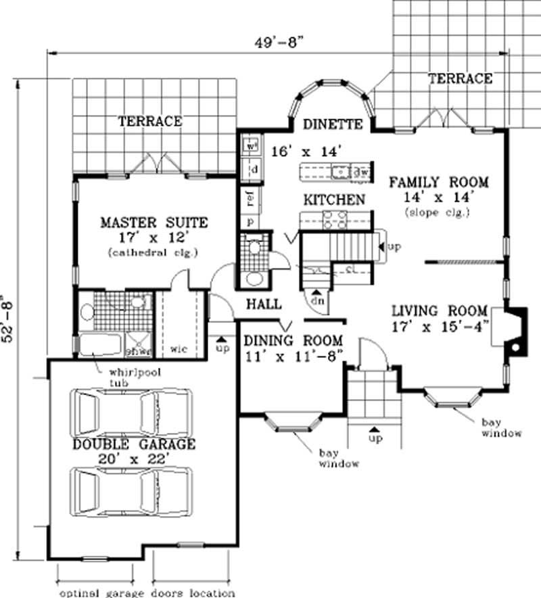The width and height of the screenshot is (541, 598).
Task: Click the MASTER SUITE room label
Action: click(154, 223)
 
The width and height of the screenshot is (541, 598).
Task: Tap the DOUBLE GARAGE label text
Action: click(135, 444)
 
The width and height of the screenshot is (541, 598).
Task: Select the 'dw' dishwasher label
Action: click(360, 172)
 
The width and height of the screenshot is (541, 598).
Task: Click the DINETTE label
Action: click(333, 124)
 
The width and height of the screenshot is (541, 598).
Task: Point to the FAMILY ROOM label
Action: click(438, 182)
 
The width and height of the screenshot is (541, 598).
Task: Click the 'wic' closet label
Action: click(179, 349)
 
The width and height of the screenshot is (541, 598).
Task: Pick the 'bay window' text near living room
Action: click(501, 428)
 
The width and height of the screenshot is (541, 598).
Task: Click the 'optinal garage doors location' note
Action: click(147, 593)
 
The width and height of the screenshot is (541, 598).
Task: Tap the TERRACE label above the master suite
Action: click(150, 122)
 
